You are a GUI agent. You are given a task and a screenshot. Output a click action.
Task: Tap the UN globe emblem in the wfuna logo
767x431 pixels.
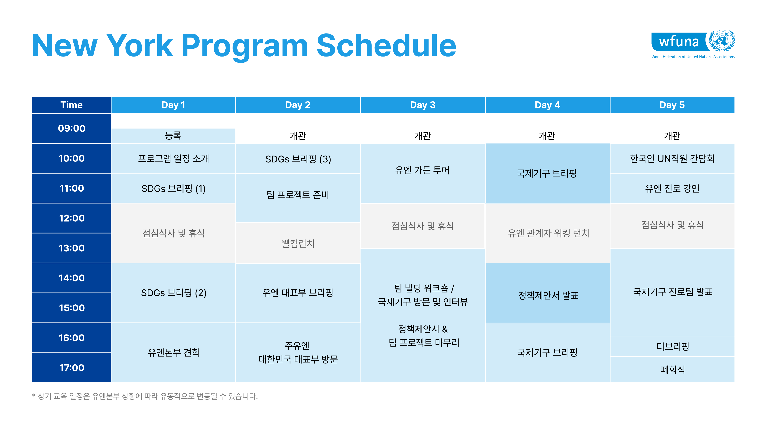coord(722,41)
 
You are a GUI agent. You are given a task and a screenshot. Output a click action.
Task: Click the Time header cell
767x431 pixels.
coord(72,105)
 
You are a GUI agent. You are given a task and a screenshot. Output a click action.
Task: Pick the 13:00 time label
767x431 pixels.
coord(72,248)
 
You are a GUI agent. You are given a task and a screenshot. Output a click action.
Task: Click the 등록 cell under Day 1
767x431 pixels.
coord(173,136)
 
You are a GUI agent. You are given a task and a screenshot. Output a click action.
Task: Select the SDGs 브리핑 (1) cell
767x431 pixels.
coord(173,188)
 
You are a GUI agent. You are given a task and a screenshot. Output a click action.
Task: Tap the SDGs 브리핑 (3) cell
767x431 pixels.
coord(298,159)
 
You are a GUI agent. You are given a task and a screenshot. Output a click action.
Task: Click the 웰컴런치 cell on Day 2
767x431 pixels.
coord(298,243)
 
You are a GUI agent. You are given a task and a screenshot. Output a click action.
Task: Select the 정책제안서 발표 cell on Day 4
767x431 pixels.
coord(548,293)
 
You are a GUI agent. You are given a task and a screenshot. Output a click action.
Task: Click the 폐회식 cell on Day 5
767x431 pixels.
coord(672,370)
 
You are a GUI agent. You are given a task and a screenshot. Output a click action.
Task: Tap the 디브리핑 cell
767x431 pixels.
coord(672,346)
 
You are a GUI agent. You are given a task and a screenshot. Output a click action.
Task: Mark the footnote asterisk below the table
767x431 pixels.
coord(34,396)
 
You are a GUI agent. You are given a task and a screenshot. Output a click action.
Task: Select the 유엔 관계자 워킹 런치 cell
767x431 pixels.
coord(548,233)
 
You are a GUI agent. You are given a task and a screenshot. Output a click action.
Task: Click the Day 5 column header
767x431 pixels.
coord(672,105)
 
